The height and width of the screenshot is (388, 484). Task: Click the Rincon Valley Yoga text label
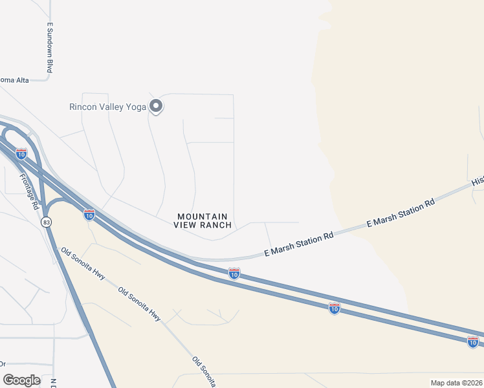107,107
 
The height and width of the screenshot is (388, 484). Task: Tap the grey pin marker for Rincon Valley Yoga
155,105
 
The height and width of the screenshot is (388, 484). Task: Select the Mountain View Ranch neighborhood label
202,221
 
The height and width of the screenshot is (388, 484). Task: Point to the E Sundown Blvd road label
49,48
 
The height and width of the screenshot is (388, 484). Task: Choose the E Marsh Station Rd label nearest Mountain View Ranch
299,244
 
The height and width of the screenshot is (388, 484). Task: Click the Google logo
22,380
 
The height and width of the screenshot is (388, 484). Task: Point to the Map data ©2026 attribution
456,383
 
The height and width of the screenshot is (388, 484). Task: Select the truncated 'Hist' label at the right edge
478,180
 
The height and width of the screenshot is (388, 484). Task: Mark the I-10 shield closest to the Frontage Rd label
21,154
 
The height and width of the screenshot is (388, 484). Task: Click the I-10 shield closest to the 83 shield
89,213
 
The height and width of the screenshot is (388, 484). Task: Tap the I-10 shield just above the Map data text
473,341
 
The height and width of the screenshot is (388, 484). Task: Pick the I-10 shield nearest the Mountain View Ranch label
234,274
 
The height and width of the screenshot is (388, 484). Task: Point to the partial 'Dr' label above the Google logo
3,363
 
